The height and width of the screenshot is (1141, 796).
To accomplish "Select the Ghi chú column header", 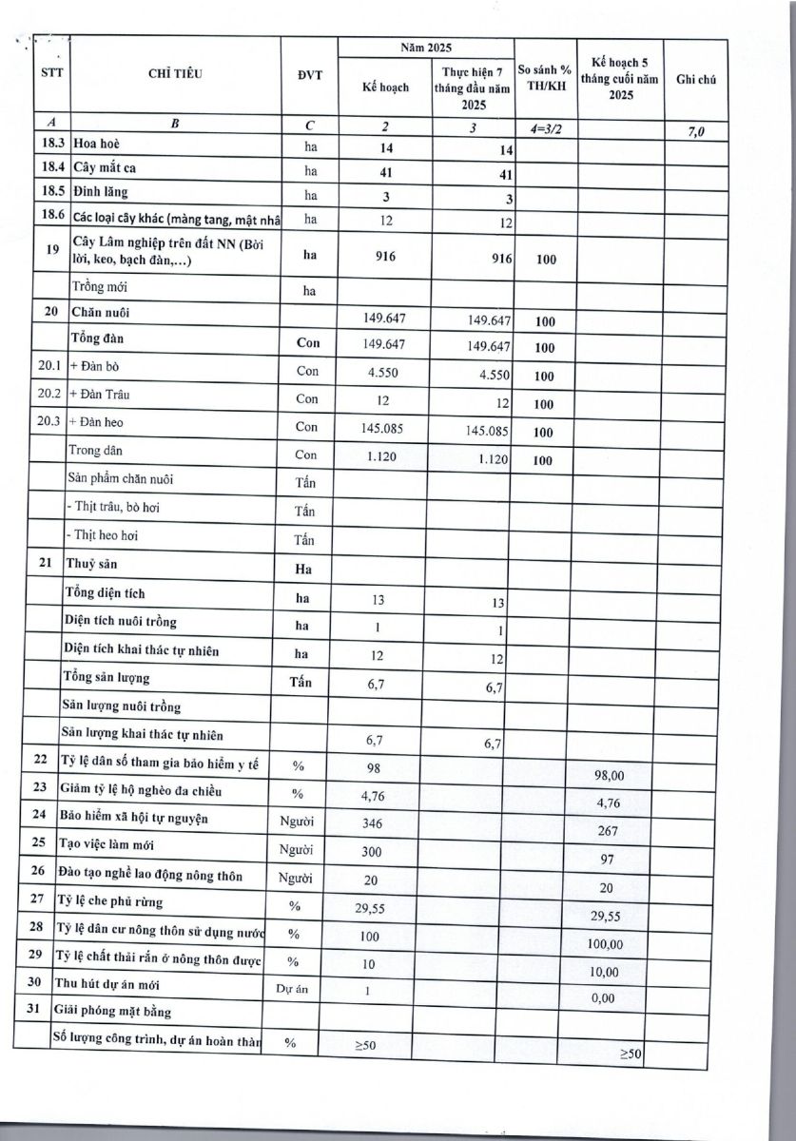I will coord(695,81).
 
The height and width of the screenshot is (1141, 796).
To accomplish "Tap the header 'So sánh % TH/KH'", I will coord(544,77).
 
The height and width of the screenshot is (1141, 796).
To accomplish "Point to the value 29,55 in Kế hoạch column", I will coord(375,909).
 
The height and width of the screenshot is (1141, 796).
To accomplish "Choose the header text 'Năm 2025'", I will coord(425,47).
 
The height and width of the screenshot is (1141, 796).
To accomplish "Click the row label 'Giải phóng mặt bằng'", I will coord(119,1012).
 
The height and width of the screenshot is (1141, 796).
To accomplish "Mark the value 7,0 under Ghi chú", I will coord(695,131).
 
